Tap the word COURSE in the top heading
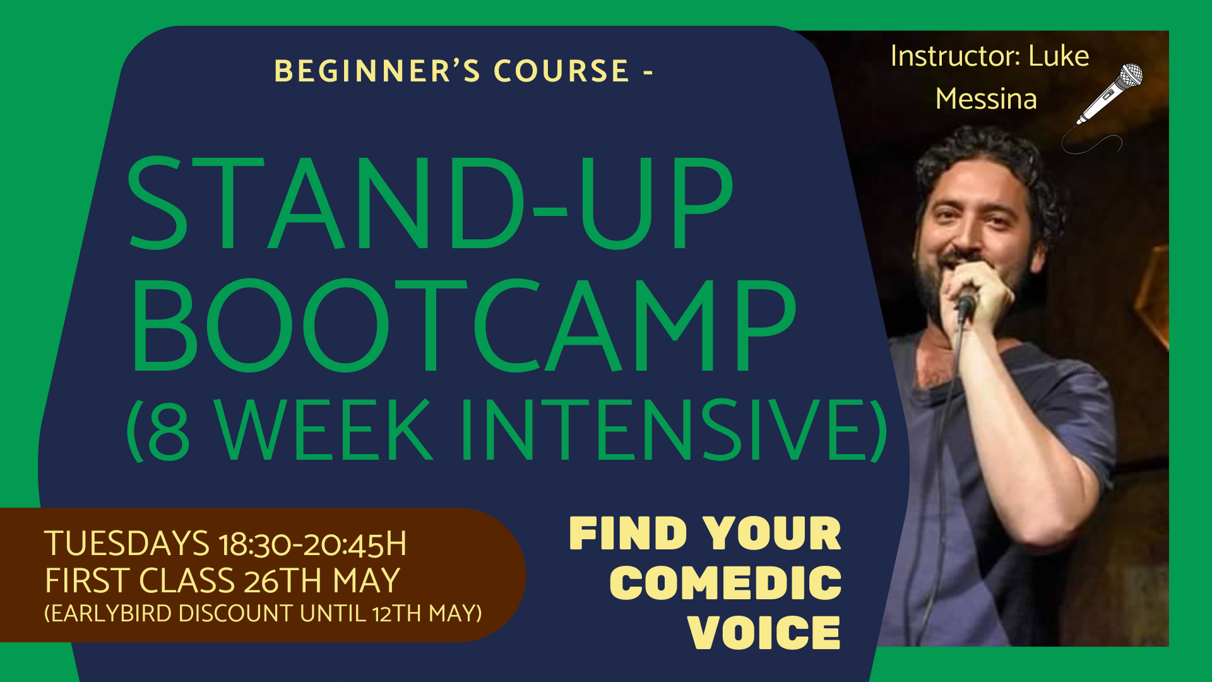pos(561,71)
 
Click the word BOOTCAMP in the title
pos(464,325)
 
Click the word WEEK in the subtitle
pos(325,431)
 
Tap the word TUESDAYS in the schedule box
pos(126,544)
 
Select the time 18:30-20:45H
pos(312,545)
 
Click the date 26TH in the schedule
pos(283,581)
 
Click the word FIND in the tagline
pos(628,534)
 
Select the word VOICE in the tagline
pos(764,632)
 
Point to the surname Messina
pos(986,99)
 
